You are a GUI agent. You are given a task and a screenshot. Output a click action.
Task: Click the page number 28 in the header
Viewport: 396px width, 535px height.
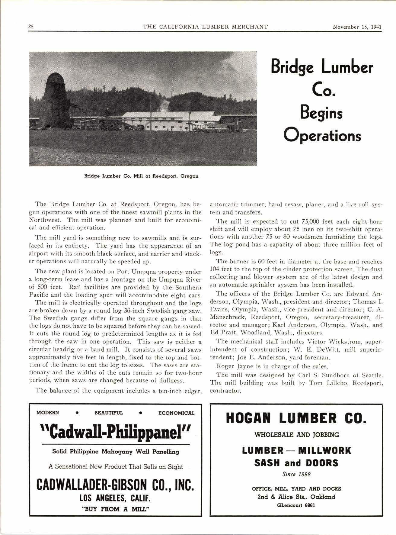point(31,27)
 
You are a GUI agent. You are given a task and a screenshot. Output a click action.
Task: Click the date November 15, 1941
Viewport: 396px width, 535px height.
point(357,27)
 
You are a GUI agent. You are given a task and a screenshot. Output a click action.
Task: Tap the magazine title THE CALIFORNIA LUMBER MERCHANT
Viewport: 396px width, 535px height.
point(205,27)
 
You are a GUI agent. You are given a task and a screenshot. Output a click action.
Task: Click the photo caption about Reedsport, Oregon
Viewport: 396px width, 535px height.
point(141,176)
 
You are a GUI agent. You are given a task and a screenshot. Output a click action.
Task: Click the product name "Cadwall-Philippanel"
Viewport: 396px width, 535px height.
point(115,433)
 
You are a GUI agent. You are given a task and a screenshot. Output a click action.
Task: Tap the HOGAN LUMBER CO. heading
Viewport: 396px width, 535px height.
point(296,418)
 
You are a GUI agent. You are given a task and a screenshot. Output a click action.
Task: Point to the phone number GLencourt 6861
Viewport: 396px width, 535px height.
point(296,505)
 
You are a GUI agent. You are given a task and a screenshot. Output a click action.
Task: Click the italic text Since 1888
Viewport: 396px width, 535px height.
point(296,474)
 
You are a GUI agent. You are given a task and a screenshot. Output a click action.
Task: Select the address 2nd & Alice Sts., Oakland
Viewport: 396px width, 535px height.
point(296,497)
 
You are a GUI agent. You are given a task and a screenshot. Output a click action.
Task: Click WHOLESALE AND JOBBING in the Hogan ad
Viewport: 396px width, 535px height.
point(297,435)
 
